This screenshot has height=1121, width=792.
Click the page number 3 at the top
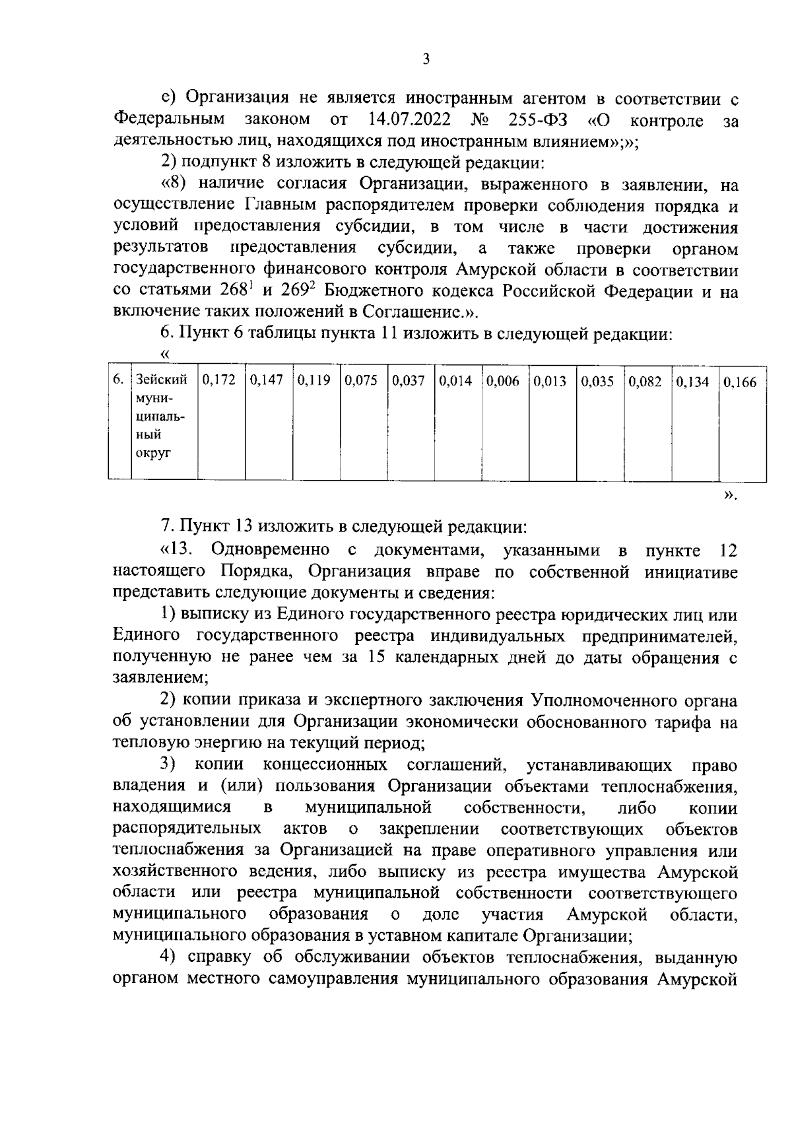426,60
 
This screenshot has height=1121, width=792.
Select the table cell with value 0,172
219,382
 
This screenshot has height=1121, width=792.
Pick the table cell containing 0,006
504,382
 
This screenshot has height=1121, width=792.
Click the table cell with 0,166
740,382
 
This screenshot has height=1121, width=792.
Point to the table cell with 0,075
362,382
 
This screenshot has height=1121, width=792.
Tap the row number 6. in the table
118,380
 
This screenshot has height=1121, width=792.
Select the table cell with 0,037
409,382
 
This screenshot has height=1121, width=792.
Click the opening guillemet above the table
166,355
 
